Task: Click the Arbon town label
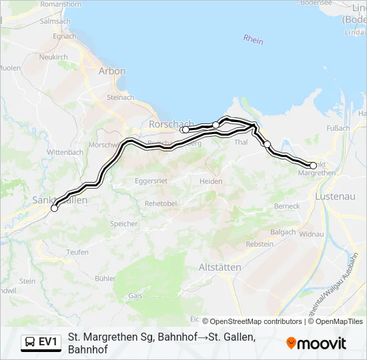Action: pos(111,71)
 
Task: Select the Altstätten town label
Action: pos(220,267)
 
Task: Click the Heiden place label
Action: pos(211,181)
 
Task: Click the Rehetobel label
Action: pos(159,203)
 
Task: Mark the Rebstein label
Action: pos(260,245)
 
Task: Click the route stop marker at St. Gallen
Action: pos(54,208)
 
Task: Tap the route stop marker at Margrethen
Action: pos(313,165)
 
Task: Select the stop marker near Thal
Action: pos(267,144)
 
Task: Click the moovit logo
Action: pos(316,343)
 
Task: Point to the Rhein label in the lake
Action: pos(254,41)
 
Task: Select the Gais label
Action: pos(135,295)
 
